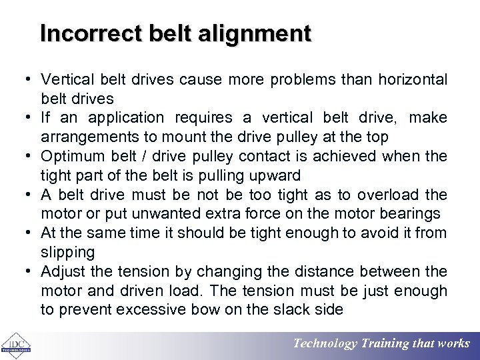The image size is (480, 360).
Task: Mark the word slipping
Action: [x=68, y=253]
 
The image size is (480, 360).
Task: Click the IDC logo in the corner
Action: [x=14, y=344]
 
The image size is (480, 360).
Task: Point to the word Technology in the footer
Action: [x=326, y=344]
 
